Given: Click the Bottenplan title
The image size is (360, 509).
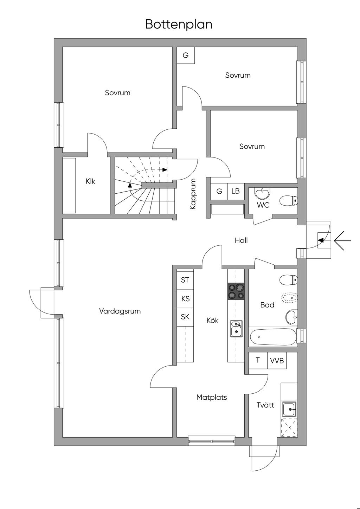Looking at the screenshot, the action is (179, 25).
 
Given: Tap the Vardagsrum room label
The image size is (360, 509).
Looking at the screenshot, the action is (120, 311).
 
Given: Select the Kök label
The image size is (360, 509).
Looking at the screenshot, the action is (212, 320).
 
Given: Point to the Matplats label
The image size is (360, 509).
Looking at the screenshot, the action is (212, 398).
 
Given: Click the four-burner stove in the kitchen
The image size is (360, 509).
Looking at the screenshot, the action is (236, 291).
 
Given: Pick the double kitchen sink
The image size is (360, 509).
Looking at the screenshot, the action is (236, 329).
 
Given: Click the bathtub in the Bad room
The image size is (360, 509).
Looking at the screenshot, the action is (273, 337).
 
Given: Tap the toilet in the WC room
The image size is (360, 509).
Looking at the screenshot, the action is (288, 201).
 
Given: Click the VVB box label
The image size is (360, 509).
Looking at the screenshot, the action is (277, 360).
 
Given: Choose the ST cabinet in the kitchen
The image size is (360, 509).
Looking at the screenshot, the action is (185, 280).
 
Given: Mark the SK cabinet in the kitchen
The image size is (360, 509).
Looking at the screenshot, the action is (185, 317).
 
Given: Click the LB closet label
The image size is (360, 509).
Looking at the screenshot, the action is (236, 191).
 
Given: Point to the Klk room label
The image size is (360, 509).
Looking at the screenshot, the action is (90, 181).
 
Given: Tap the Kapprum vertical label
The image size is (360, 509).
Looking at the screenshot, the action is (193, 194).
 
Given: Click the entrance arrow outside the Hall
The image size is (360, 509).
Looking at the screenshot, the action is (342, 240).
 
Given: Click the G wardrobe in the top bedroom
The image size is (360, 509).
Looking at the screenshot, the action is (186, 55).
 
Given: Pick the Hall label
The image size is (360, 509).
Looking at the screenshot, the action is (241, 240).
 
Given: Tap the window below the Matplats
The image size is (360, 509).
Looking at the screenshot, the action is (212, 441).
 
